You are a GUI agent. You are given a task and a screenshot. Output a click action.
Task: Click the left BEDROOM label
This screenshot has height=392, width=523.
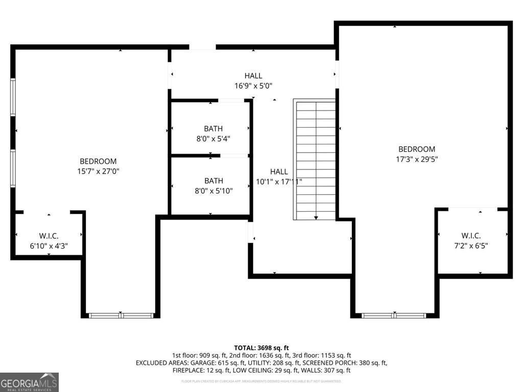(98, 161)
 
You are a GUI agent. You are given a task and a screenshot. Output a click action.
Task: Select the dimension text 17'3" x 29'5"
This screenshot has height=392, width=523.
(417, 159)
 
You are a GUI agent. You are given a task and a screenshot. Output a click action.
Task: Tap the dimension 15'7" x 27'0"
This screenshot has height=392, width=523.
(98, 171)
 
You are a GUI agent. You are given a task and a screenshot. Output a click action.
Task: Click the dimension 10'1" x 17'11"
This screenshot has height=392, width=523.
(279, 182)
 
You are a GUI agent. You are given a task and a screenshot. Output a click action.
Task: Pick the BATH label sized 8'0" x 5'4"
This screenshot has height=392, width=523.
(213, 129)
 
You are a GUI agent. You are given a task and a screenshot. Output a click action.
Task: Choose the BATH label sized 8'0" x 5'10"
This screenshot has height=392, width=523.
(213, 181)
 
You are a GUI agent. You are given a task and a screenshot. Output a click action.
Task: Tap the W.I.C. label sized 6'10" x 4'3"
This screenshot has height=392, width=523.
(49, 236)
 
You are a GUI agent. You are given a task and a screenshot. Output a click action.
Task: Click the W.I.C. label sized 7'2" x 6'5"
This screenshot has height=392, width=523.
(471, 235)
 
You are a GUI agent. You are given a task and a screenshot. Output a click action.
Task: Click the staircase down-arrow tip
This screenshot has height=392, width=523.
(316, 218)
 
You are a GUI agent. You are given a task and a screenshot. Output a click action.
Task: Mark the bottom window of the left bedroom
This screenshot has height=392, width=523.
(121, 315)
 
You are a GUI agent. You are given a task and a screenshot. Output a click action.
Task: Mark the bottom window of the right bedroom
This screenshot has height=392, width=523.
(394, 315)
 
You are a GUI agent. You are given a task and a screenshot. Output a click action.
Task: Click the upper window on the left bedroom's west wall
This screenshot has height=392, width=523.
(13, 97)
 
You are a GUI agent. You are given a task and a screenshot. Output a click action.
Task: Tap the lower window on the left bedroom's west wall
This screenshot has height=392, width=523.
(13, 168)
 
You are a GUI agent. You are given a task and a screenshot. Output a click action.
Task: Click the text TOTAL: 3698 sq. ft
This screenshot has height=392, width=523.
(261, 347)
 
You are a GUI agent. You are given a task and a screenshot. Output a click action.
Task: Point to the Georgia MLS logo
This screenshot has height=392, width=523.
(30, 382)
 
